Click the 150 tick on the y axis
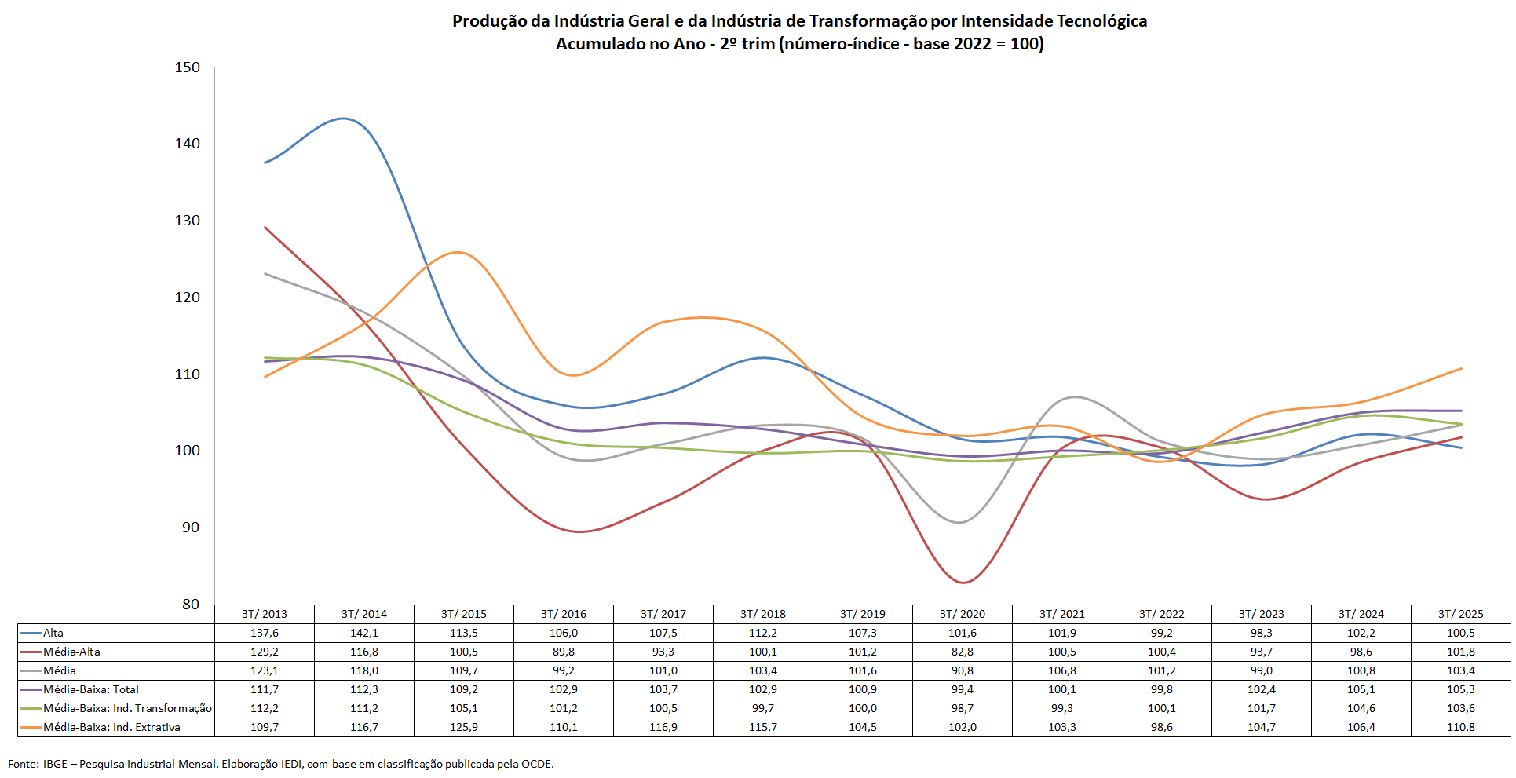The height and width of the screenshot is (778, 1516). (187, 68)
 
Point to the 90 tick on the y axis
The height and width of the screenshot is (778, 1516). (191, 528)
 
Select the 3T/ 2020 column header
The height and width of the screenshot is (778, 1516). (962, 614)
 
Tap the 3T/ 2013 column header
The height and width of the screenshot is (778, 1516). (265, 614)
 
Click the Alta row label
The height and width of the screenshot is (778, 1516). (53, 633)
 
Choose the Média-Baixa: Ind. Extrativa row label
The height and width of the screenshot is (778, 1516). (111, 727)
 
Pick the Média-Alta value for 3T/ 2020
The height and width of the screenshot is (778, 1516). (962, 652)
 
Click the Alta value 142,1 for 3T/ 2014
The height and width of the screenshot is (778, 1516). (364, 633)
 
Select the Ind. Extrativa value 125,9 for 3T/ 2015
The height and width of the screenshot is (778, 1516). (464, 727)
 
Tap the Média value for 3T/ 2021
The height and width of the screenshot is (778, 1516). (1061, 670)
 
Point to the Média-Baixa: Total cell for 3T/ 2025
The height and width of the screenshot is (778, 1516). (1460, 689)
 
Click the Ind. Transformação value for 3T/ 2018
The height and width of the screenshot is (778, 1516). (762, 708)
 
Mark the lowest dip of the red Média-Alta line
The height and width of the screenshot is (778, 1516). (963, 583)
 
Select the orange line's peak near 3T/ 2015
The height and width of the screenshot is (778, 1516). (458, 252)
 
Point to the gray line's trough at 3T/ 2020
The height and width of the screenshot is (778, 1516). (959, 522)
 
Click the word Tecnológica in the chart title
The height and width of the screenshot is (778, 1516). (1101, 21)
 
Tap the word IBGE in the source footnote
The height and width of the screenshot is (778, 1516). (55, 764)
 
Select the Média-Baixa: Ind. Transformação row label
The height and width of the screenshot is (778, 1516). (127, 708)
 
